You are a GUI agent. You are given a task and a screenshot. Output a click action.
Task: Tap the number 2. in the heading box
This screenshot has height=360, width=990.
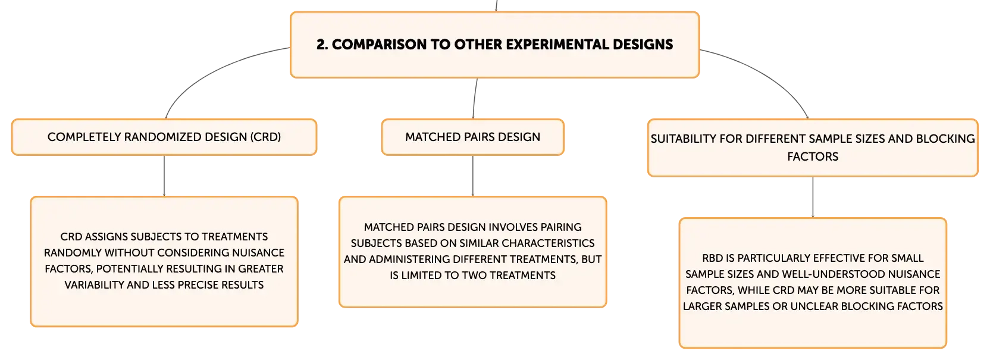[x=322, y=44]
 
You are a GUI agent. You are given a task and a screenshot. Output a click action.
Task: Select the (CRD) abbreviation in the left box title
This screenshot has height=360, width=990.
[x=265, y=137]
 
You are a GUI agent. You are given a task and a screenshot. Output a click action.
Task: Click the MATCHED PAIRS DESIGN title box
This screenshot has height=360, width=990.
[x=473, y=137]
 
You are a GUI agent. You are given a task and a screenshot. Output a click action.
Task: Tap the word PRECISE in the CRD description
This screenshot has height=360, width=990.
[x=198, y=285]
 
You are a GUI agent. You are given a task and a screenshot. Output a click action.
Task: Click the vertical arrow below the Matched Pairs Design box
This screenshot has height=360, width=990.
[x=473, y=176]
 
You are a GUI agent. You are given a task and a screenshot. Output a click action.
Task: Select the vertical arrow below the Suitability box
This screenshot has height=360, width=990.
[x=813, y=197]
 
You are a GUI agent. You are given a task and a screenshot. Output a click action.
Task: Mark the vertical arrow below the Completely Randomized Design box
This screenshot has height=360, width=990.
[x=164, y=176]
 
